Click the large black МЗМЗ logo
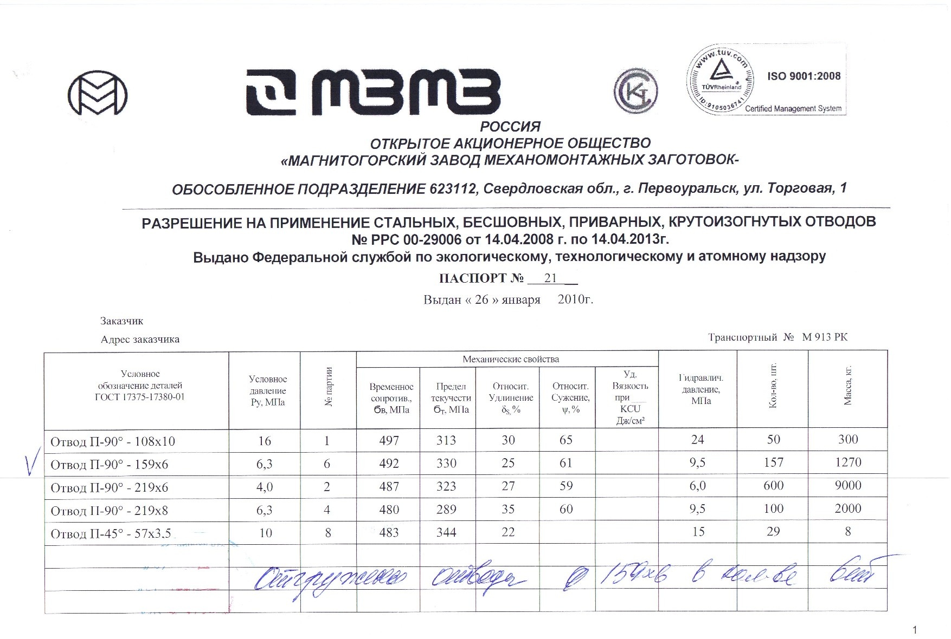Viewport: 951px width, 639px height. [x=373, y=93]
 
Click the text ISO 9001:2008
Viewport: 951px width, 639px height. [x=804, y=76]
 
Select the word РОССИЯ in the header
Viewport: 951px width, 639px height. [x=510, y=127]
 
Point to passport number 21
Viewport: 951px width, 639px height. [x=550, y=278]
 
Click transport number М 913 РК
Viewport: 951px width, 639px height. [x=824, y=337]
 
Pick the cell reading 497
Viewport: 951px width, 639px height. [x=389, y=441]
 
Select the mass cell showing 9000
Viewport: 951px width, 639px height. [x=847, y=486]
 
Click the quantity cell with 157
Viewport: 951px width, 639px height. [x=773, y=462]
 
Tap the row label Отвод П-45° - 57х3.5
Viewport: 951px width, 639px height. [x=111, y=534]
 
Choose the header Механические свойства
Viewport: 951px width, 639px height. [x=510, y=359]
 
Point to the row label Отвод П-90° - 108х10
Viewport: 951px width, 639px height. [x=113, y=441]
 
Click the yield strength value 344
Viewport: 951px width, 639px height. [x=446, y=532]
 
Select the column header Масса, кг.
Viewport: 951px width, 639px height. [x=848, y=385]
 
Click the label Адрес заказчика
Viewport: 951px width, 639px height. [x=140, y=340]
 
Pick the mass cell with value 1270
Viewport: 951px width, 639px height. [x=847, y=462]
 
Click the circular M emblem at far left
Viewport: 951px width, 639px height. [x=98, y=93]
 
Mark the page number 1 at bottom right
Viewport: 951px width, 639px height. [x=915, y=630]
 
